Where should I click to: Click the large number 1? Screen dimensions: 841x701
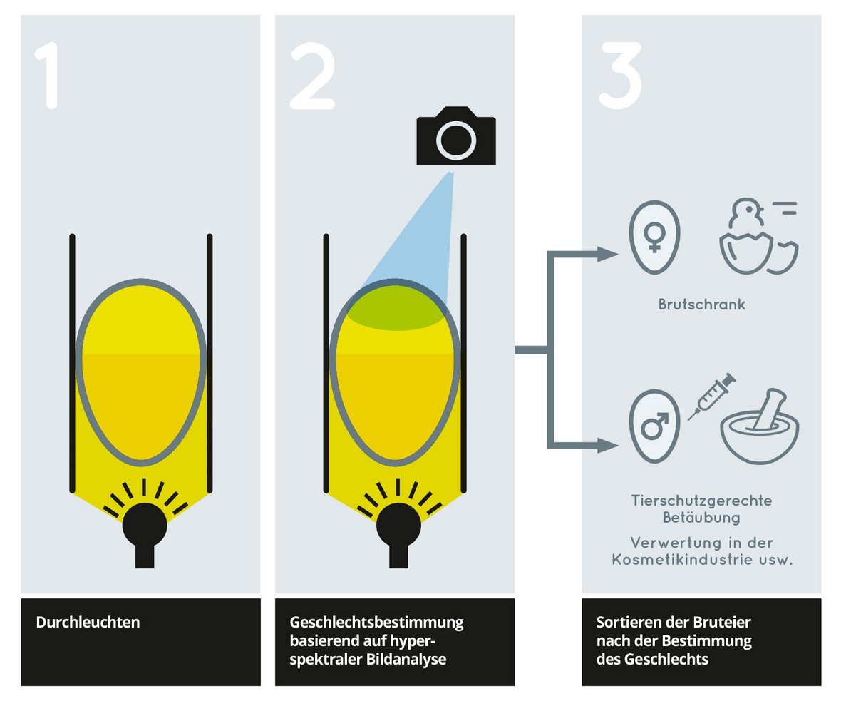pyautogui.click(x=48, y=75)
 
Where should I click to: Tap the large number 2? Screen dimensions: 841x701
pyautogui.click(x=313, y=75)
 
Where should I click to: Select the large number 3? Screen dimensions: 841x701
pyautogui.click(x=621, y=75)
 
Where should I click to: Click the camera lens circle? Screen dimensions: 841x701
pyautogui.click(x=456, y=140)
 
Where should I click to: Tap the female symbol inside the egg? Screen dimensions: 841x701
pyautogui.click(x=654, y=238)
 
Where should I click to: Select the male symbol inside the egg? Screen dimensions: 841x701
pyautogui.click(x=654, y=425)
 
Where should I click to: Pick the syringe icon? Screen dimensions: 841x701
pyautogui.click(x=711, y=396)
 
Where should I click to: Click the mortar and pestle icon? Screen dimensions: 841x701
pyautogui.click(x=760, y=426)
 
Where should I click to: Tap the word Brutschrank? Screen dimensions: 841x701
pyautogui.click(x=701, y=305)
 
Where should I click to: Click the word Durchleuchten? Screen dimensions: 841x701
pyautogui.click(x=88, y=622)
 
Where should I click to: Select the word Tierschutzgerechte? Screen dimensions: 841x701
pyautogui.click(x=701, y=501)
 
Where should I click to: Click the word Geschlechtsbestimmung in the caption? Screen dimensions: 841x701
pyautogui.click(x=376, y=623)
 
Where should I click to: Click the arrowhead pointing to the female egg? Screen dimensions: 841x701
pyautogui.click(x=608, y=254)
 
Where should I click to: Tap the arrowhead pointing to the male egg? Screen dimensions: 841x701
pyautogui.click(x=608, y=445)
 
